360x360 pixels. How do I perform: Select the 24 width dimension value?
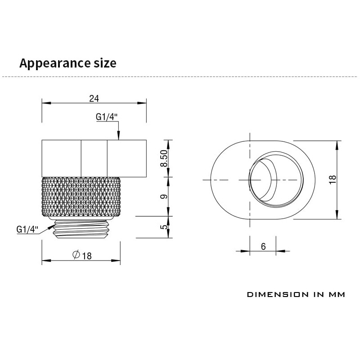(94, 99)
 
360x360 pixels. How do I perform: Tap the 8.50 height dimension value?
(164, 158)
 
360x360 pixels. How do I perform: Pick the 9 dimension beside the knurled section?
(164, 197)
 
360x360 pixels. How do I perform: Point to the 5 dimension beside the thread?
(164, 227)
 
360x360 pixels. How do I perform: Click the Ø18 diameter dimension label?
(82, 255)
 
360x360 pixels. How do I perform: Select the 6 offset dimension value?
(263, 247)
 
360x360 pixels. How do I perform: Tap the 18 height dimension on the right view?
(333, 180)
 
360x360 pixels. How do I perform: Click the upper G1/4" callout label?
(107, 117)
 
